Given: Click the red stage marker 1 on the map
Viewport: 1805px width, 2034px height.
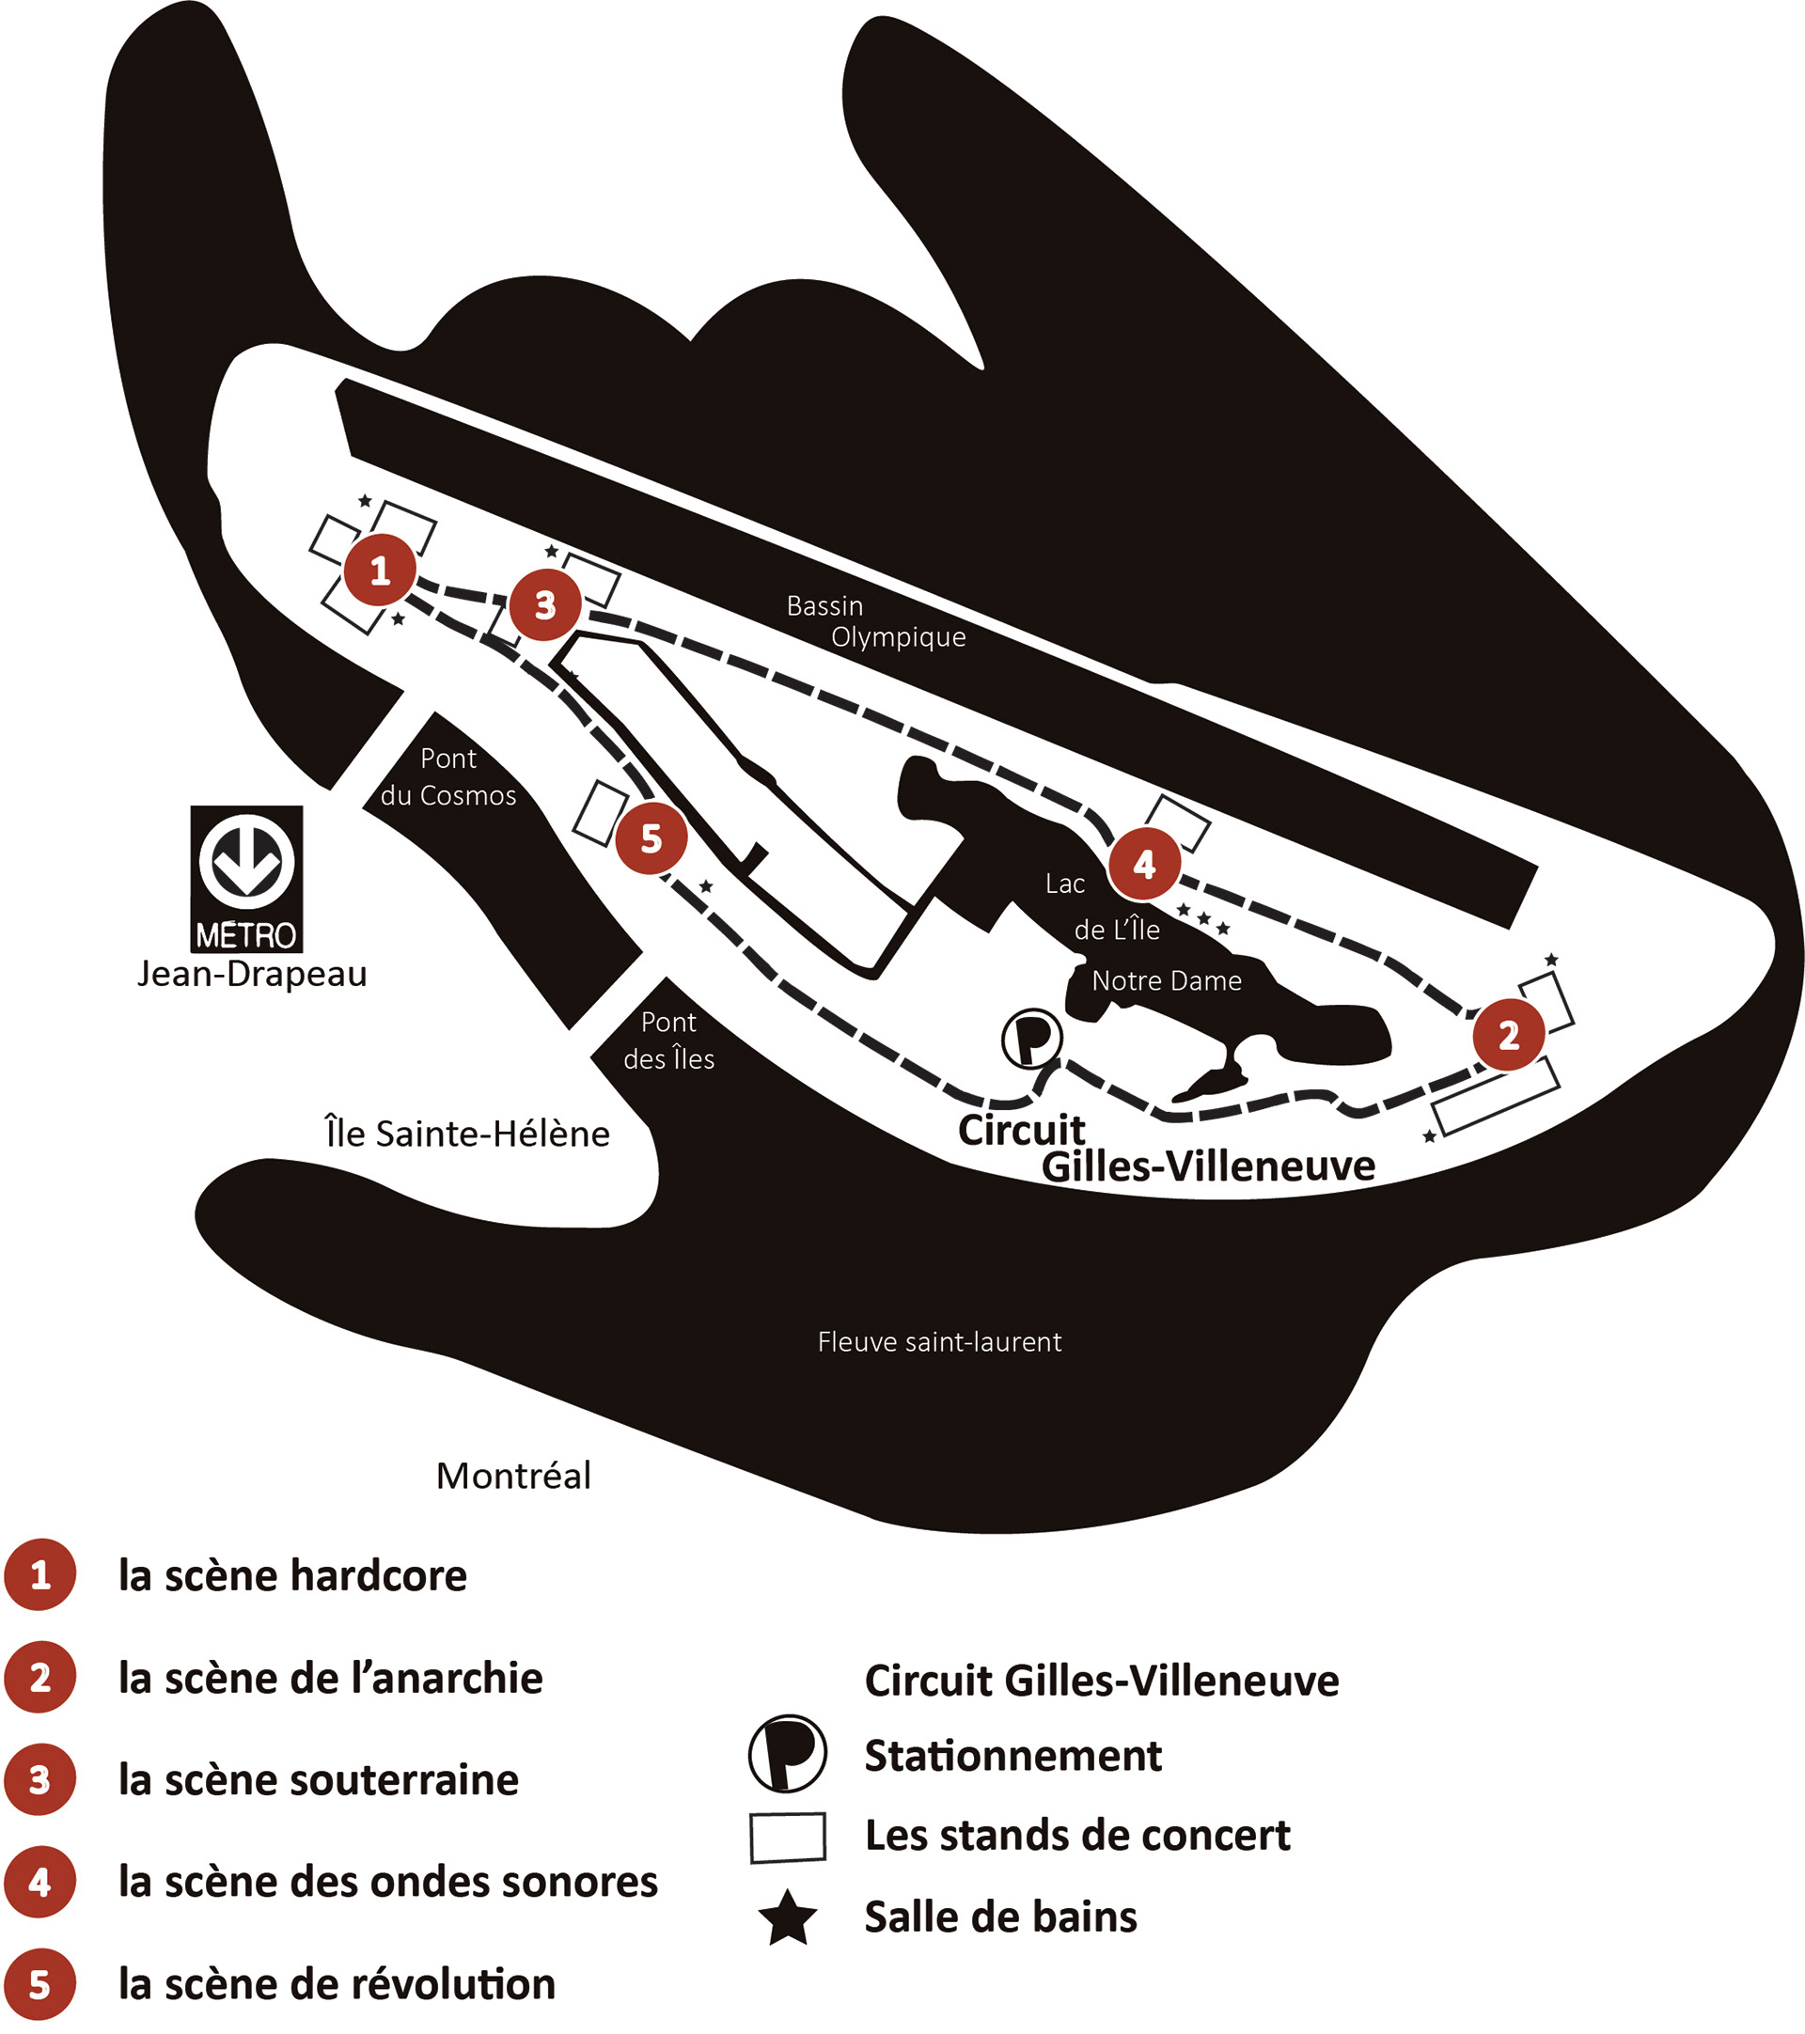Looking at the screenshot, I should click(379, 571).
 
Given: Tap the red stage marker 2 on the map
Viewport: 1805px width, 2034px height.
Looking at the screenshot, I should click(1509, 1035).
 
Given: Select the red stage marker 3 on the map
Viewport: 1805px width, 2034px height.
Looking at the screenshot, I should click(544, 604).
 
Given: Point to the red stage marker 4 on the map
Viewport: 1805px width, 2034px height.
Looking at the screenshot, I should click(1144, 864).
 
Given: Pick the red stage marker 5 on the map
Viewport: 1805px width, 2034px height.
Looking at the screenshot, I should click(651, 838).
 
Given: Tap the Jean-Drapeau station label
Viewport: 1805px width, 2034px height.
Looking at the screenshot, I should click(252, 973).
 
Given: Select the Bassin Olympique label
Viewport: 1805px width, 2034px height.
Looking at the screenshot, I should click(875, 621).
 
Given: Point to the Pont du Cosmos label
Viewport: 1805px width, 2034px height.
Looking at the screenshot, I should click(447, 776).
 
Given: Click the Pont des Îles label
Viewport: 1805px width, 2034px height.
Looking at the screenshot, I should click(668, 1040).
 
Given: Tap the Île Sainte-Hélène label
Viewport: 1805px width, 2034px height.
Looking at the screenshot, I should click(467, 1134).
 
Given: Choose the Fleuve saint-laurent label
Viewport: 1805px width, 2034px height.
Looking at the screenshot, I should click(939, 1341).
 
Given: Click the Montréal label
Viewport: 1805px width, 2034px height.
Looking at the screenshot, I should click(513, 1475).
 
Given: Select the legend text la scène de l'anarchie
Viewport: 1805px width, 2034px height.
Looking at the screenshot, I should click(330, 1679).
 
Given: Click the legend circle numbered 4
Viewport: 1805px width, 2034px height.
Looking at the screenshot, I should click(39, 1882).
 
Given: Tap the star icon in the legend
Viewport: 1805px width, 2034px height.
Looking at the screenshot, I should click(788, 1917).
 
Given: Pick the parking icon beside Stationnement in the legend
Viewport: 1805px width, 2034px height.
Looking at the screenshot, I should click(787, 1753).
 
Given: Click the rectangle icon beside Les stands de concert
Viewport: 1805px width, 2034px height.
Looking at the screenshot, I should click(787, 1836).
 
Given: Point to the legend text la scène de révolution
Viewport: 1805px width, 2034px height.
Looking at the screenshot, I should click(337, 1984).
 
